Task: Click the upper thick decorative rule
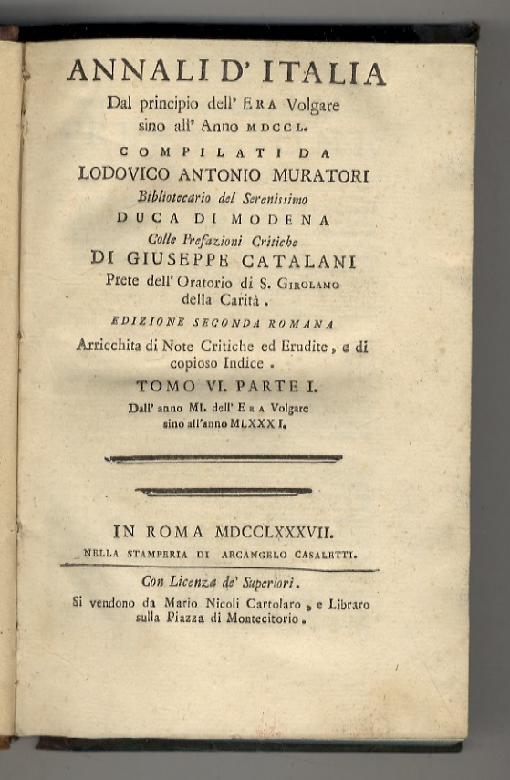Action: pos(224,459)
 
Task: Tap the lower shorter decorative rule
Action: pos(223,492)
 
